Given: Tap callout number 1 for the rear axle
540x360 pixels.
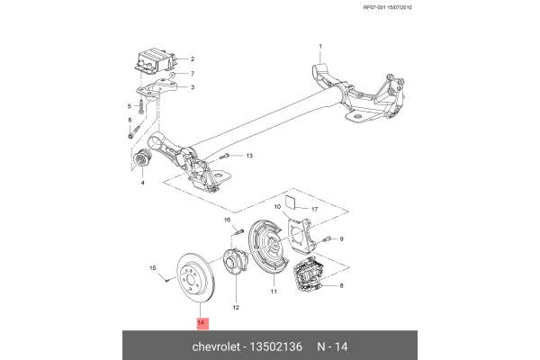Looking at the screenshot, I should (319, 46).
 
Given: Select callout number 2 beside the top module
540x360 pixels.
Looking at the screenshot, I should (192, 59).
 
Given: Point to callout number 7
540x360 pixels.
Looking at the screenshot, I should (192, 73).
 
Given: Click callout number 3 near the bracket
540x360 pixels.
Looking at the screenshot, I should (192, 87).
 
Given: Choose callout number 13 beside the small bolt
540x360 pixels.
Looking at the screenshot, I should (249, 156).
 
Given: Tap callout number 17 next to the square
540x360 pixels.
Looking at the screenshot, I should (315, 210).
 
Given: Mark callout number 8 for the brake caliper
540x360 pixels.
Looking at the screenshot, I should (341, 285).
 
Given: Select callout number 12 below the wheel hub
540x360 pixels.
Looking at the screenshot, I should (236, 307).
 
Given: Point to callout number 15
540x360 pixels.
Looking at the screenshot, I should (153, 267).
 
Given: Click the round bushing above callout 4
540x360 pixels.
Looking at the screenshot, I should (141, 161).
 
